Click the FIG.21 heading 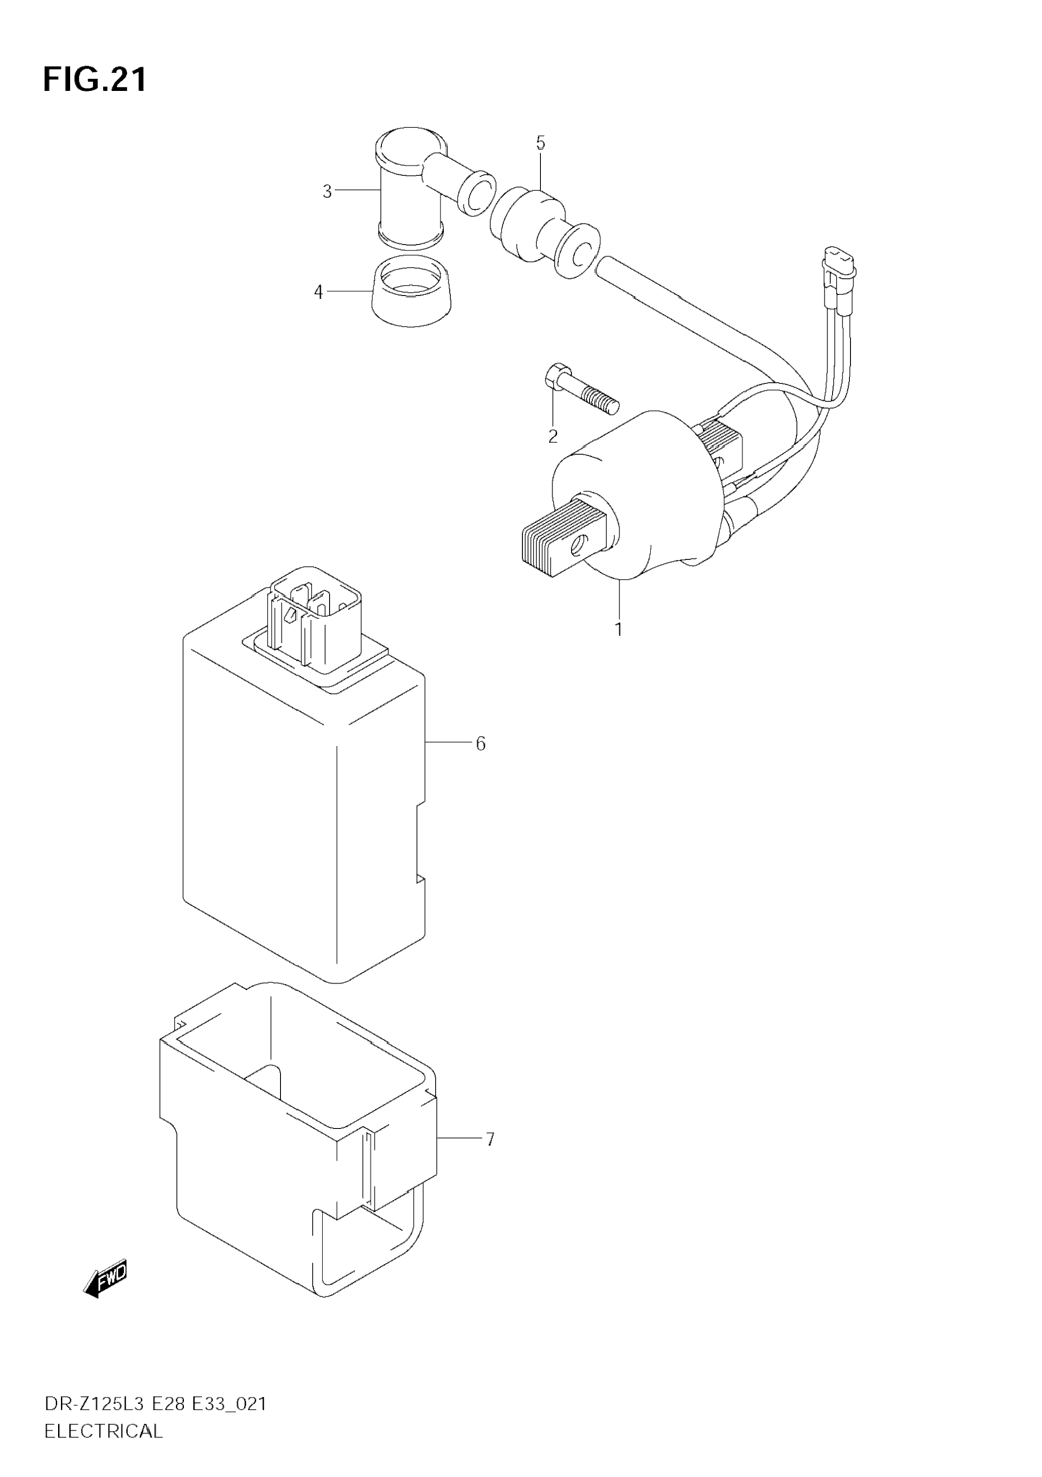click(95, 80)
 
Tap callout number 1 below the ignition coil click(619, 629)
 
